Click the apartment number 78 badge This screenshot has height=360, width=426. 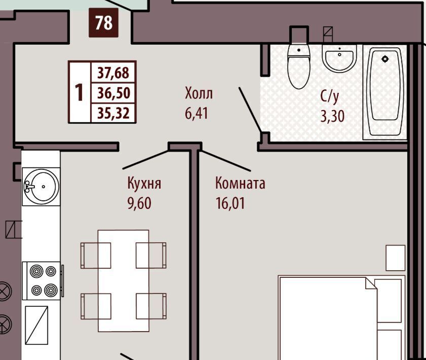click(103, 23)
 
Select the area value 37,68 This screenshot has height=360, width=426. click(113, 73)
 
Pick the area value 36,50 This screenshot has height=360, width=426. click(113, 93)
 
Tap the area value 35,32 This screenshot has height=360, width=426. click(113, 113)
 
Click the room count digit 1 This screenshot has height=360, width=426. click(79, 92)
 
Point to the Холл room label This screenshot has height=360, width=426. click(199, 93)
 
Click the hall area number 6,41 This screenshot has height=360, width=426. click(197, 114)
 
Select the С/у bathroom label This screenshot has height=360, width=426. click(330, 96)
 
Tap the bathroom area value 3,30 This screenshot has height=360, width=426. click(332, 116)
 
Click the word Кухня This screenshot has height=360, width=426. click(144, 183)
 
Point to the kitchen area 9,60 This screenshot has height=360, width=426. click(139, 203)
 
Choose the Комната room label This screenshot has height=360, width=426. click(240, 183)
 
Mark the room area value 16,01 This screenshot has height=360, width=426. click(230, 203)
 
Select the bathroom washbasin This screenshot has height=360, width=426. click(339, 58)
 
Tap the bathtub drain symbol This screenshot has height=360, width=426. click(384, 59)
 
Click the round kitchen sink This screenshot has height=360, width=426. click(41, 186)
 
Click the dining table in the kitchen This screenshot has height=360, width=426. click(124, 281)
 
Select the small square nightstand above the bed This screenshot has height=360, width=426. click(396, 258)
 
